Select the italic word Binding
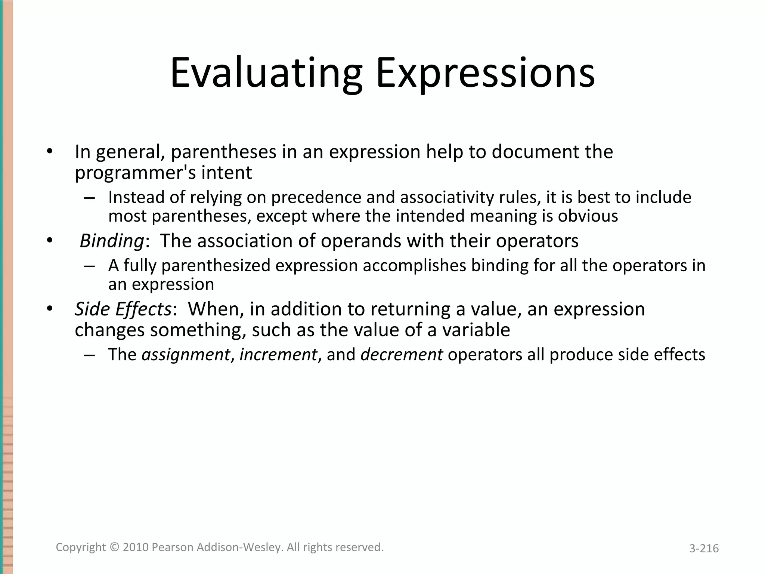[x=111, y=241]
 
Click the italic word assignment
[x=186, y=355]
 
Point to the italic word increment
[x=278, y=355]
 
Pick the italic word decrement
[x=402, y=355]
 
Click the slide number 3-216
[x=704, y=549]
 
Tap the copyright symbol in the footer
[x=114, y=547]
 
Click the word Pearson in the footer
[x=173, y=547]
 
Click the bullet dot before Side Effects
[x=50, y=309]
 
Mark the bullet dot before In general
[x=50, y=151]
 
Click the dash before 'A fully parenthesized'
[x=89, y=266]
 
